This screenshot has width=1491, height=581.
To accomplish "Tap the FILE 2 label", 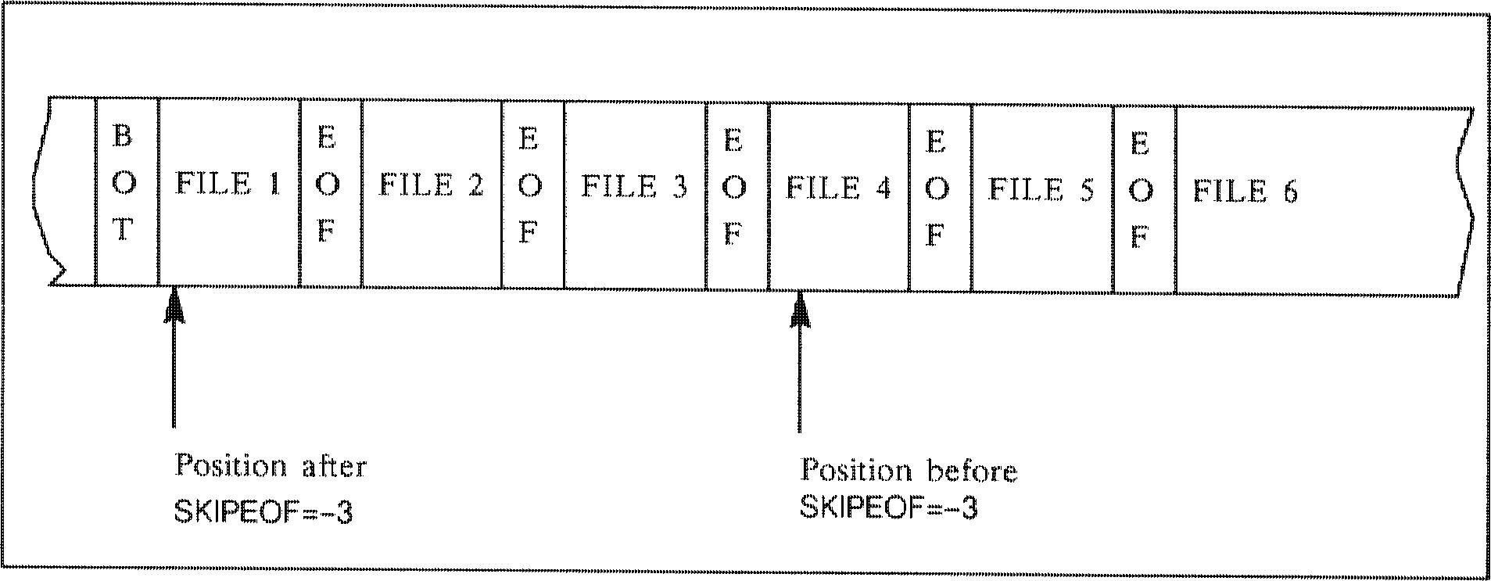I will pyautogui.click(x=432, y=186).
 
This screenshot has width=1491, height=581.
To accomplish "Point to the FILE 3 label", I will pyautogui.click(x=635, y=187).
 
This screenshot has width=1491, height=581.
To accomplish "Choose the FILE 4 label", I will pyautogui.click(x=838, y=188).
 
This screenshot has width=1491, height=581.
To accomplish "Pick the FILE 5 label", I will pyautogui.click(x=1041, y=190).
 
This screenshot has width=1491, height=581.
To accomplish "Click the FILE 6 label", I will pyautogui.click(x=1245, y=192).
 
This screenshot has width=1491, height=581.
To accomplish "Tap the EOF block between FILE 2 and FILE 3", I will pyautogui.click(x=532, y=188).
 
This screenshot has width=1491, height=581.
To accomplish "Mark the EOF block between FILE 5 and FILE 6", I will pyautogui.click(x=1143, y=192).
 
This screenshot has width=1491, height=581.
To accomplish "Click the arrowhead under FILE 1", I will pyautogui.click(x=174, y=304).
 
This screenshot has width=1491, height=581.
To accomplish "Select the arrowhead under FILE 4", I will pyautogui.click(x=800, y=310).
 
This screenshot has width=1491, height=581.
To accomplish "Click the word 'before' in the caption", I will pyautogui.click(x=972, y=472).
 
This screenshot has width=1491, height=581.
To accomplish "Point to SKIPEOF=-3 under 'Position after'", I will pyautogui.click(x=263, y=512).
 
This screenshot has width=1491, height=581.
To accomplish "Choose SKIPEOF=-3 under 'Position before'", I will pyautogui.click(x=888, y=509).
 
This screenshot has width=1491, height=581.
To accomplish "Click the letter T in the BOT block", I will pyautogui.click(x=123, y=231).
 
